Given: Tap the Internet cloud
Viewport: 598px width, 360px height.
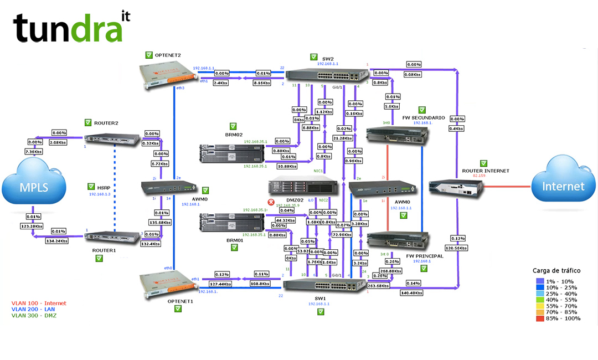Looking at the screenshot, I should [x=564, y=186].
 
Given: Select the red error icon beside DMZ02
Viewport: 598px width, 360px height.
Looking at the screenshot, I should [x=271, y=203].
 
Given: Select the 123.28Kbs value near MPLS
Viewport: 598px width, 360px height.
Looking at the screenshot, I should [x=33, y=226].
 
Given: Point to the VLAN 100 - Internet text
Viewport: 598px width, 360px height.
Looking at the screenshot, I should [x=38, y=303].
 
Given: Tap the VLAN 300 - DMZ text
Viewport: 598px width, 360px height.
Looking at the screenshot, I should [x=34, y=315].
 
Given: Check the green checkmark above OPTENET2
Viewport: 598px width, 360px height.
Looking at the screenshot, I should [x=149, y=55].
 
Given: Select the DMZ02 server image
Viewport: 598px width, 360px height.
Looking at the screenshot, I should [x=302, y=186].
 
